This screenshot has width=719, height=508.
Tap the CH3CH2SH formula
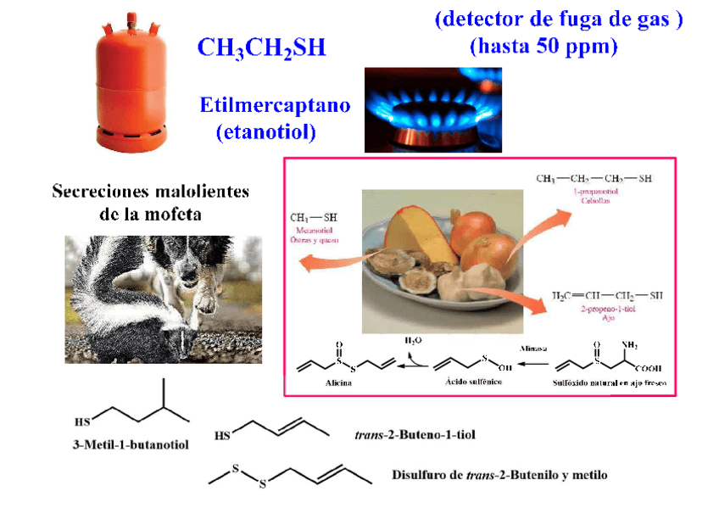pos(261,47)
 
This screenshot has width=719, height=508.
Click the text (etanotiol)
pos(266,131)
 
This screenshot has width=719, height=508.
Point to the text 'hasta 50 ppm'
pos(543,46)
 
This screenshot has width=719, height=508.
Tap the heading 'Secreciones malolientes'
pos(151,191)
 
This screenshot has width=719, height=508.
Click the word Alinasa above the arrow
pos(533,348)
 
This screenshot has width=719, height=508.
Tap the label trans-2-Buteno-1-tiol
pos(414,435)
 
